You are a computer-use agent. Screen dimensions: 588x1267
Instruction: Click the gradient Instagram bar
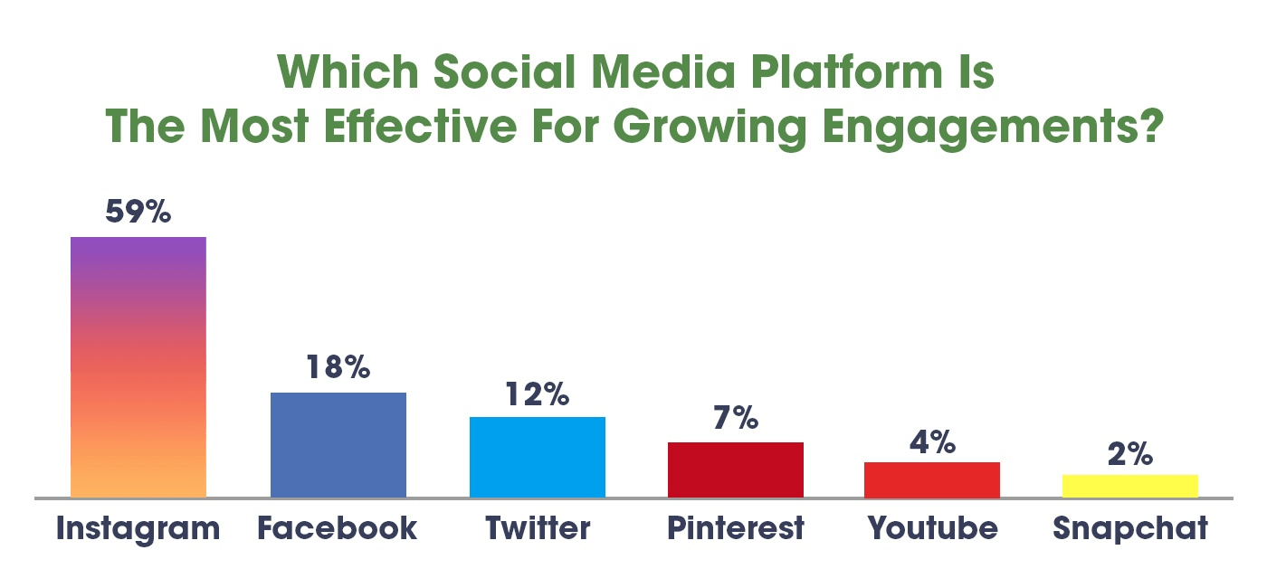click(x=138, y=367)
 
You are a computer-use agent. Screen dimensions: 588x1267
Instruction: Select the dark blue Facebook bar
click(x=338, y=445)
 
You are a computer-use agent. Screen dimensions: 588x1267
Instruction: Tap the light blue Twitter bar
click(x=538, y=457)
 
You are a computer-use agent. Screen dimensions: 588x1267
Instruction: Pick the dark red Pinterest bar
click(x=736, y=469)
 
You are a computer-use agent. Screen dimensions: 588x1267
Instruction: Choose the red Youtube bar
click(x=932, y=479)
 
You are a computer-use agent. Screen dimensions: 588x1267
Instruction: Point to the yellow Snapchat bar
click(x=1129, y=486)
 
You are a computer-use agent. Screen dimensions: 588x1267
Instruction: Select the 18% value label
click(x=338, y=367)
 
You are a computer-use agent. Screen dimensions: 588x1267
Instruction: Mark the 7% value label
click(x=735, y=418)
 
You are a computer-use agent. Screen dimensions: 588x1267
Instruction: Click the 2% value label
click(x=1129, y=453)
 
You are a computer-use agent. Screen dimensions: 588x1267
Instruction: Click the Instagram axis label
click(x=138, y=528)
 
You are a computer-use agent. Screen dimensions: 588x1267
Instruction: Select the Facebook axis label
click(x=338, y=528)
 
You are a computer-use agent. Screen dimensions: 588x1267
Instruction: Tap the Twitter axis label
click(x=538, y=527)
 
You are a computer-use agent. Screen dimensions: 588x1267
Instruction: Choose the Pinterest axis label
click(x=736, y=528)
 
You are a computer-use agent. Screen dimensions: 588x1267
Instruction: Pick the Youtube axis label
click(x=933, y=527)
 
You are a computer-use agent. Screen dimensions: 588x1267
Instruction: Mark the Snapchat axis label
click(x=1130, y=528)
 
